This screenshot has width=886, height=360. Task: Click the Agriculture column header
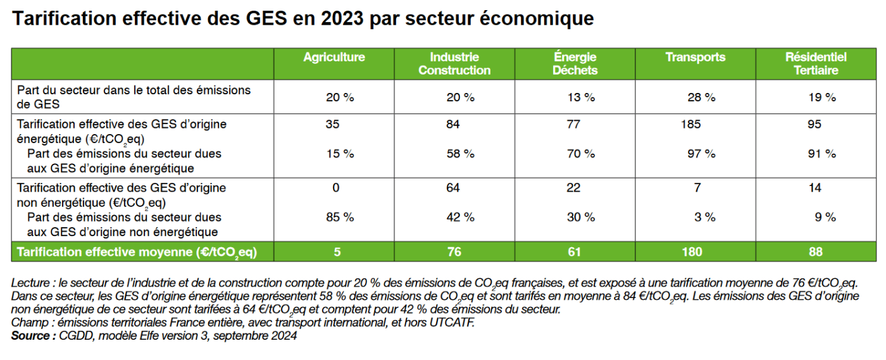334,58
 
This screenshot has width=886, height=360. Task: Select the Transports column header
695,58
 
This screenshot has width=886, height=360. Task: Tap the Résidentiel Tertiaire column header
816,64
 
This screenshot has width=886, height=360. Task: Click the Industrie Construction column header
454,64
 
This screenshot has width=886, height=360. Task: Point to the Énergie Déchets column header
574,64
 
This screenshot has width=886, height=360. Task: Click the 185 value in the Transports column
691,125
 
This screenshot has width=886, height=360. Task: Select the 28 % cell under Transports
701,97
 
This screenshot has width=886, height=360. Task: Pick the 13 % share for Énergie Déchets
580,97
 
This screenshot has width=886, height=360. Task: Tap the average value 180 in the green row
692,252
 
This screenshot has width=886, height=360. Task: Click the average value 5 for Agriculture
337,252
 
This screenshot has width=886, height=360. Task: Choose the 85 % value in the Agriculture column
340,217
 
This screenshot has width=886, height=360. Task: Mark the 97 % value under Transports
701,154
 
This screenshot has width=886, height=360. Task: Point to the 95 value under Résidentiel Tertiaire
814,125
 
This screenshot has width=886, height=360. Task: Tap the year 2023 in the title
342,19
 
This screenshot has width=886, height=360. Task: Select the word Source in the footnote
30,336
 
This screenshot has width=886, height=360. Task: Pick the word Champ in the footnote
27,323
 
